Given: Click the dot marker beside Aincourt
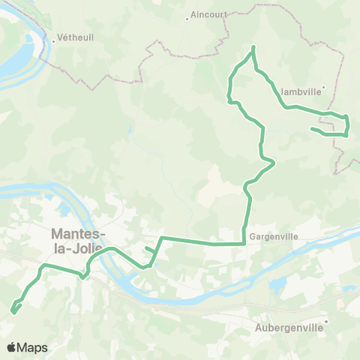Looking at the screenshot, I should (187, 15).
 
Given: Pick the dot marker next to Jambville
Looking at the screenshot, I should (322, 88).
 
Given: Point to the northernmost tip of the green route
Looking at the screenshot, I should (253, 47).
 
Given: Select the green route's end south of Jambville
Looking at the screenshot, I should (311, 129).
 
